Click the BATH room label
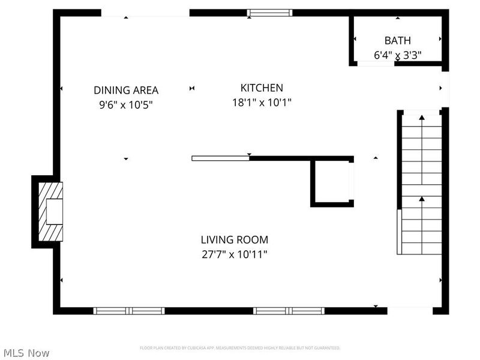[398, 41]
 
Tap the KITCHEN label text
[262, 88]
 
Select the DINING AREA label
[126, 91]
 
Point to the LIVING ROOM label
[234, 240]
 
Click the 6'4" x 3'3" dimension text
[398, 55]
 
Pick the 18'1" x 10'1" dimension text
[262, 103]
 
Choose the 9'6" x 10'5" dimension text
[126, 105]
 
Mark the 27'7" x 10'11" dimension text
[234, 254]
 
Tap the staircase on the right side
[421, 183]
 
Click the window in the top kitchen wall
[270, 13]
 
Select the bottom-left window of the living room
[129, 311]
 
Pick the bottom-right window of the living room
[289, 311]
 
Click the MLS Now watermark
[26, 353]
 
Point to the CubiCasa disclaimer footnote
[240, 348]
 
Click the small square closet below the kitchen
[332, 182]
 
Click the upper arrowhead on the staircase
[421, 117]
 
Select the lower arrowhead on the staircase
[421, 199]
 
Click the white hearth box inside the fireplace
[53, 211]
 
